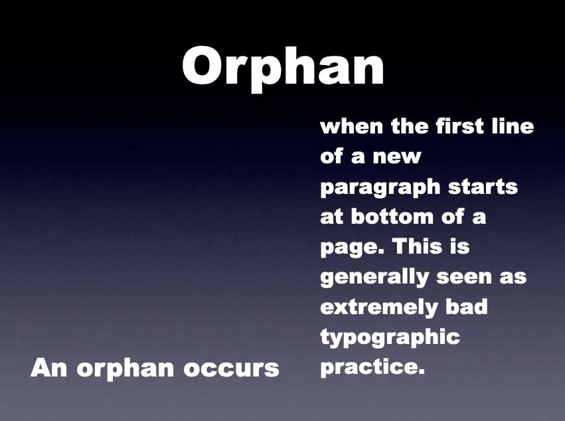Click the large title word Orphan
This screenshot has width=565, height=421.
click(x=283, y=68)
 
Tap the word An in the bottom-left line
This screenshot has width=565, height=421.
click(x=49, y=368)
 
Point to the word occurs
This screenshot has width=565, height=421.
click(x=231, y=370)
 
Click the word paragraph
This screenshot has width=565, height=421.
click(x=380, y=188)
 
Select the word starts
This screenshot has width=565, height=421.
click(x=483, y=187)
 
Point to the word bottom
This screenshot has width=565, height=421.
click(x=392, y=216)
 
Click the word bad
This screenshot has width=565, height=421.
click(x=467, y=307)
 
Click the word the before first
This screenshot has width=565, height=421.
click(x=410, y=126)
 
